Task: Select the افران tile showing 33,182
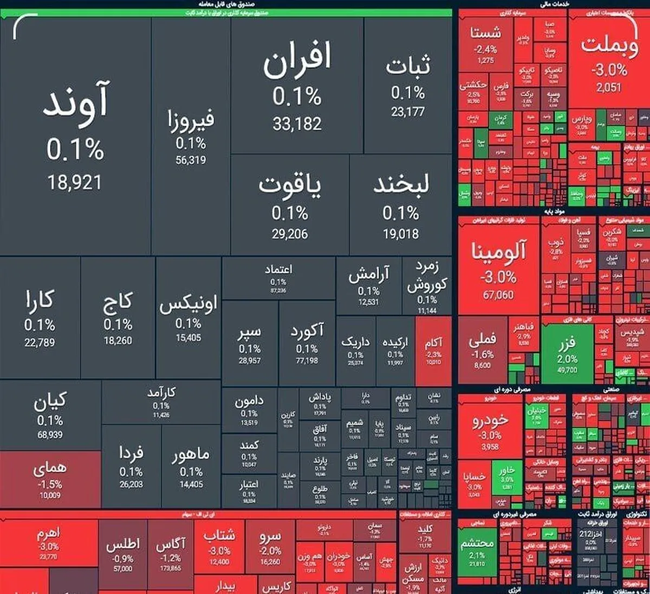(297, 87)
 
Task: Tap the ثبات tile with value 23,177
(408, 87)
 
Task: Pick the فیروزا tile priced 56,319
(191, 135)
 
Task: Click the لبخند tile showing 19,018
(401, 206)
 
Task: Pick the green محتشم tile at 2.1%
(477, 550)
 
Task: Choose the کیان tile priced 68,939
(50, 415)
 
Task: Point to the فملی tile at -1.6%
(482, 350)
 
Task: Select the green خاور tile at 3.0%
(507, 477)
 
